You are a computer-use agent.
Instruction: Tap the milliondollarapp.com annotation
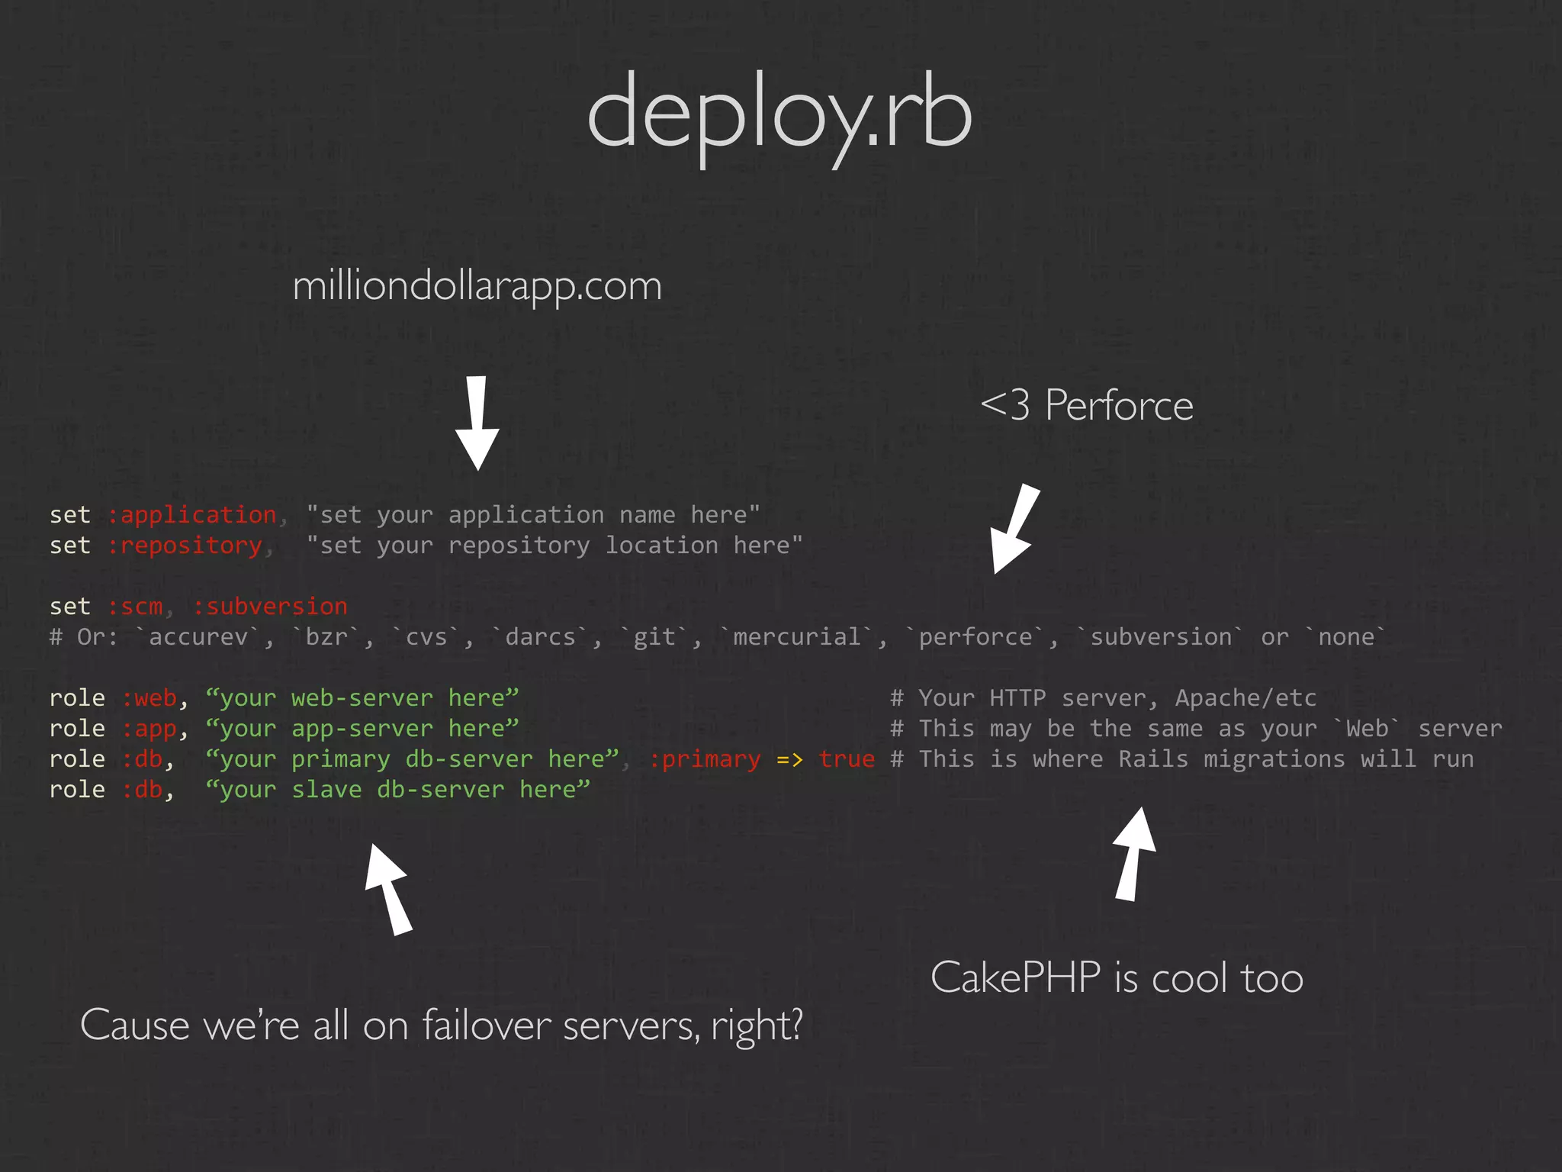click(477, 287)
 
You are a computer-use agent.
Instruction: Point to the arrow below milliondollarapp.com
click(477, 423)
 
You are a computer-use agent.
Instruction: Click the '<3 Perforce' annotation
click(1086, 405)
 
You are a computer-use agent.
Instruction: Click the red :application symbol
click(191, 515)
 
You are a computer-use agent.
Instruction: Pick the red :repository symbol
click(185, 546)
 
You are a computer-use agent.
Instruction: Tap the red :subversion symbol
click(270, 607)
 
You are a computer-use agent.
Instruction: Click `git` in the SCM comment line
click(654, 637)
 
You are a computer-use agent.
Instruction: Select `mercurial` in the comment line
click(796, 637)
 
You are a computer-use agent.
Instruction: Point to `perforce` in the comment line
click(975, 637)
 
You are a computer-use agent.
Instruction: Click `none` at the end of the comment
click(1345, 637)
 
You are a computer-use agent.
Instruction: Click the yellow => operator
click(789, 759)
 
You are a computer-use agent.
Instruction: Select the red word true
click(847, 759)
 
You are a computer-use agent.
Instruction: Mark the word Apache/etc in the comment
click(1245, 698)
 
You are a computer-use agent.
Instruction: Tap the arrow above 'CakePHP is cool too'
click(1133, 855)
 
